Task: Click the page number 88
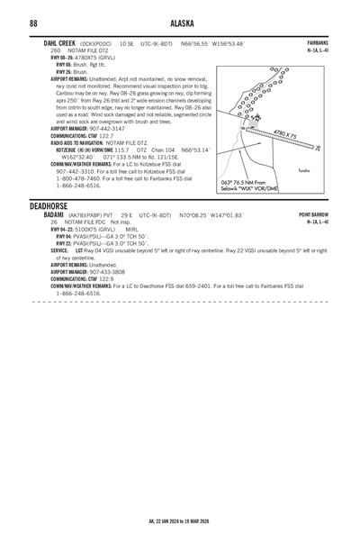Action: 33,22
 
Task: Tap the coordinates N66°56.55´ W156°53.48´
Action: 211,43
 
